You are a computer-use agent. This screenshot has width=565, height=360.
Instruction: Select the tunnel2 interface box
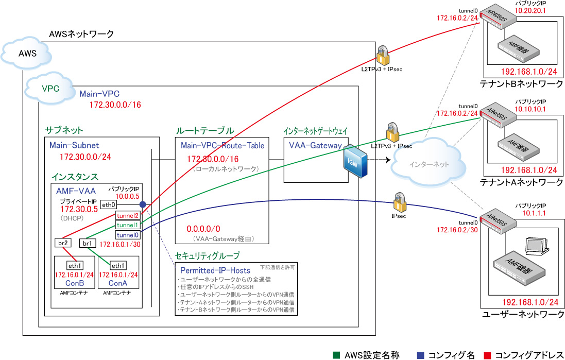pos(127,215)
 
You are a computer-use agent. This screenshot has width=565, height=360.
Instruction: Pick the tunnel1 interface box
pos(127,225)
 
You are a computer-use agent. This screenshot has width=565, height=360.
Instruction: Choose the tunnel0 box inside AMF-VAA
pos(127,235)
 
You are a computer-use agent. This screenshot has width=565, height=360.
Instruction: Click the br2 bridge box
pos(62,243)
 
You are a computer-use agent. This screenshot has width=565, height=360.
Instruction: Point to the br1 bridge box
pos(87,243)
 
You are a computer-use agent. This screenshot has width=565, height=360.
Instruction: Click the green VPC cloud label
pos(50,88)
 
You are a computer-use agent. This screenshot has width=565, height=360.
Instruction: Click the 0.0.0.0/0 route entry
pos(203,228)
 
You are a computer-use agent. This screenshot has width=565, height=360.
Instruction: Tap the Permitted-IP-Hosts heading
pos(215,270)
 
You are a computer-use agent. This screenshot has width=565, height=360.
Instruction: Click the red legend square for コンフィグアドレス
pos(487,355)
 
